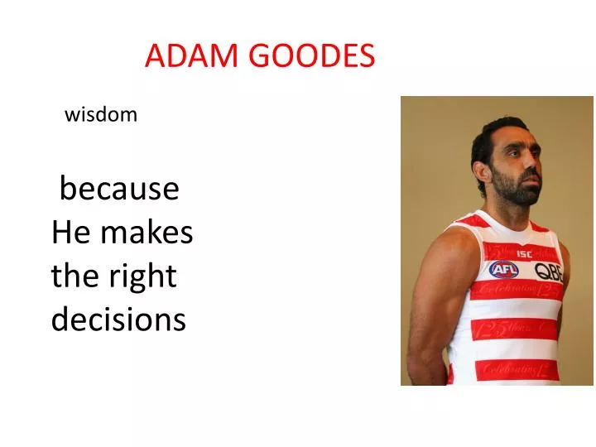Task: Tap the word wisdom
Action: click(101, 115)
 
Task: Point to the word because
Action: click(119, 190)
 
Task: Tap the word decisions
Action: click(118, 319)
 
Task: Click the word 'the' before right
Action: click(75, 276)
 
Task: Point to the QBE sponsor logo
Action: click(548, 271)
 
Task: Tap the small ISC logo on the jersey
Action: click(524, 252)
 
